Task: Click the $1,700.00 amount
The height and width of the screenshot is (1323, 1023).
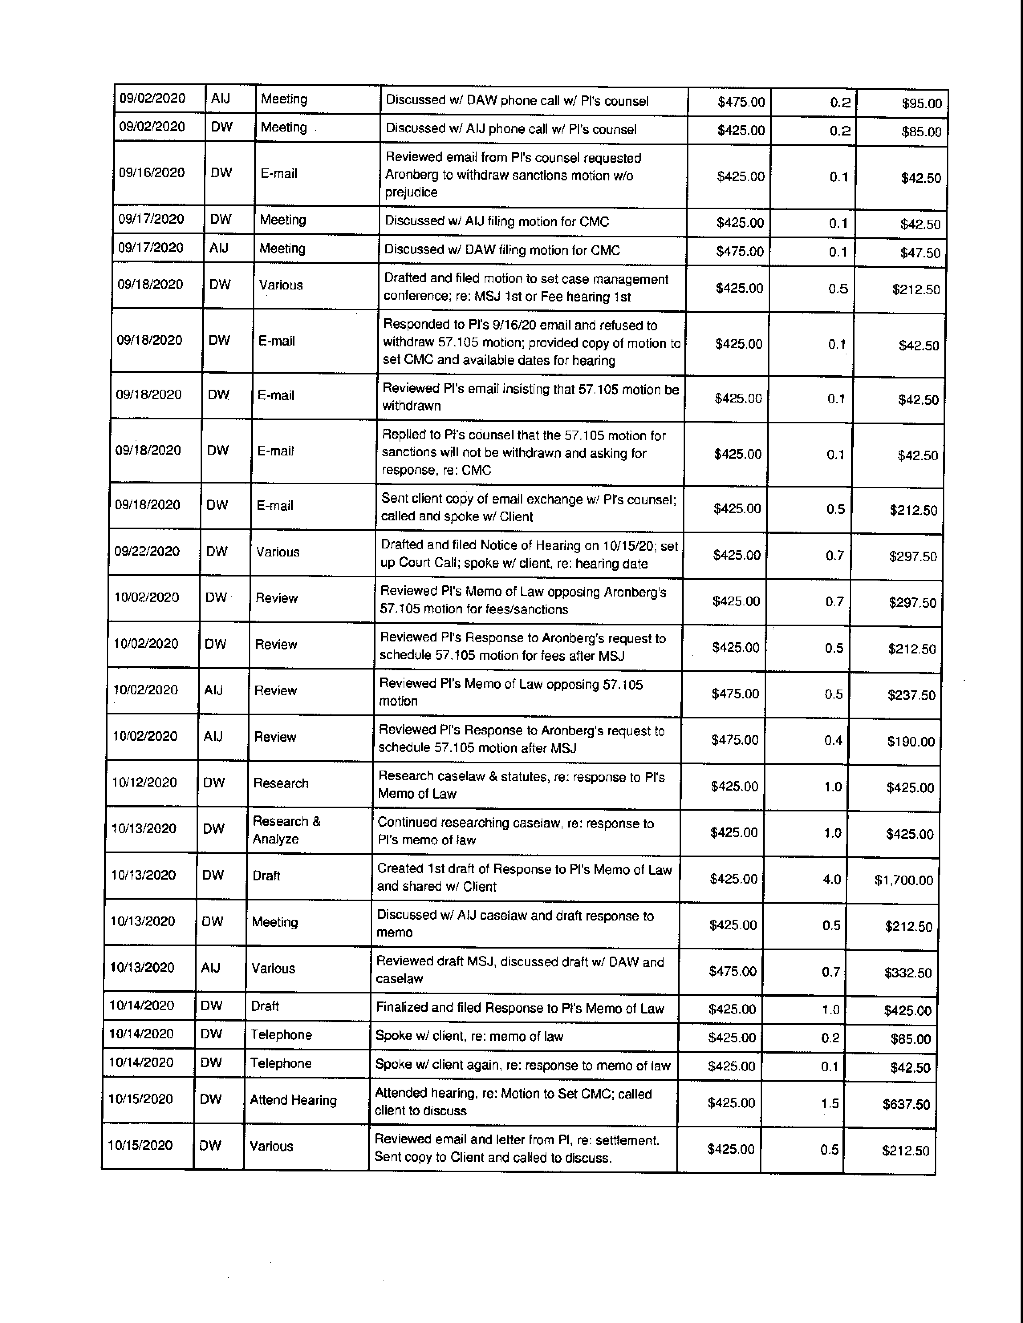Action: pos(903,880)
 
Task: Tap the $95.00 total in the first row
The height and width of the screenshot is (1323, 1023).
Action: pos(921,103)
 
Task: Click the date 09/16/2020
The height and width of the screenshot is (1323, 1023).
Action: pos(152,173)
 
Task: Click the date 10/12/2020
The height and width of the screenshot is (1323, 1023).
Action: pos(144,783)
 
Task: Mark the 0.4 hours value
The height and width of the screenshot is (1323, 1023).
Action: pos(833,740)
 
